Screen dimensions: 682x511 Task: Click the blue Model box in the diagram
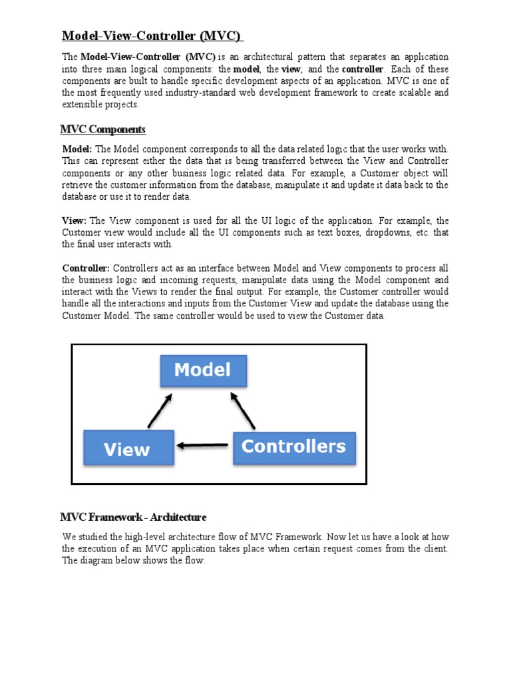point(203,370)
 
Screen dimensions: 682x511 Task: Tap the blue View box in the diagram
point(128,448)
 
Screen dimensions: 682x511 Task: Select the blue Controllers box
point(294,448)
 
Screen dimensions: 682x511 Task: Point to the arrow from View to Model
point(160,408)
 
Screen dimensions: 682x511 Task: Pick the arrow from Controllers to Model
point(243,409)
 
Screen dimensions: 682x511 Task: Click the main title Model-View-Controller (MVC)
point(152,35)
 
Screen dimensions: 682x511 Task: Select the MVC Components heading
point(103,129)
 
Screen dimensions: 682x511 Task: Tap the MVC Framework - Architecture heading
point(134,517)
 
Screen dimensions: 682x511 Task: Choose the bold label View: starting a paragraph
point(75,220)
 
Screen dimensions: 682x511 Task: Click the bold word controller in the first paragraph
point(363,69)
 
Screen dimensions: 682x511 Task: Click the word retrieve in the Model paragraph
point(79,184)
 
